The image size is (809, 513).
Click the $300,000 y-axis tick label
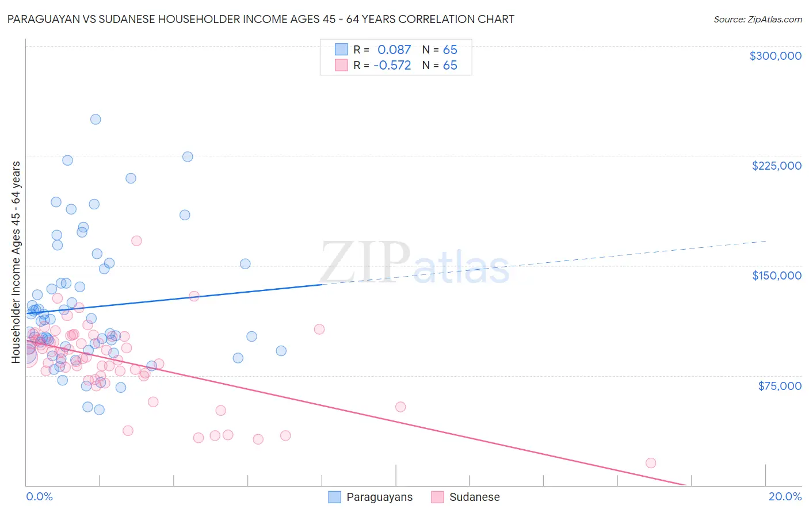click(775, 56)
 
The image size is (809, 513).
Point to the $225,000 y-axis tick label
click(776, 166)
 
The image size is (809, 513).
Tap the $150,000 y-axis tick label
click(776, 275)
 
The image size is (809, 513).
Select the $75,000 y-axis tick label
click(779, 386)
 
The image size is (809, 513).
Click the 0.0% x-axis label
click(39, 496)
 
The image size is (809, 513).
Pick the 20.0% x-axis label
click(785, 496)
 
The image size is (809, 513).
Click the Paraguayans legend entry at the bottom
click(379, 497)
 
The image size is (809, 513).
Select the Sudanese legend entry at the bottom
click(474, 497)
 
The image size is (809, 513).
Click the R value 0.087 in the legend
click(394, 50)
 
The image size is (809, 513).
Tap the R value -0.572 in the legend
click(392, 66)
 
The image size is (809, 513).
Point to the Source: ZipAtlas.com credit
click(757, 19)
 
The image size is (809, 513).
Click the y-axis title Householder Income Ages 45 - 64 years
click(16, 262)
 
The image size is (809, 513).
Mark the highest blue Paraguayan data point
click(96, 120)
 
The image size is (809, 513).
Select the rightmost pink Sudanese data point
click(651, 463)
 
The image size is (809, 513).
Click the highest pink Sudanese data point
click(136, 241)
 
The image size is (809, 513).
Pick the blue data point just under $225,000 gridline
click(188, 157)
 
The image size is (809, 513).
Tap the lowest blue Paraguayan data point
click(99, 410)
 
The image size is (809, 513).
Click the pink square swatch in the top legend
click(341, 66)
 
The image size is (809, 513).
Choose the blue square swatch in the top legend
click(341, 50)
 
